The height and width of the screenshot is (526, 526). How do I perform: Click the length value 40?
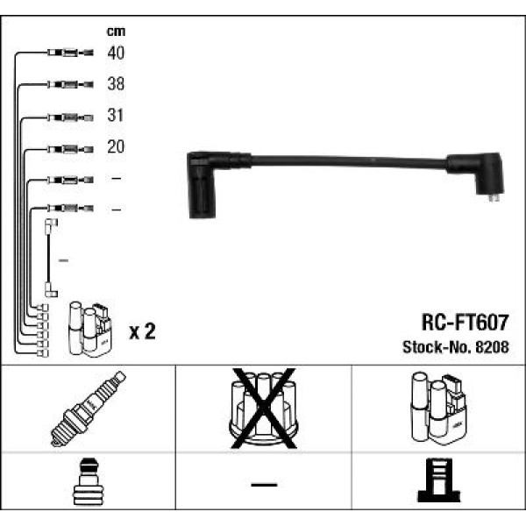tap(116, 53)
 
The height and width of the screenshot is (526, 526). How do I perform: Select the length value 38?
tap(116, 85)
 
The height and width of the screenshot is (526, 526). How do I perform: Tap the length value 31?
tap(116, 116)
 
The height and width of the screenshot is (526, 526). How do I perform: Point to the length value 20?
tap(116, 147)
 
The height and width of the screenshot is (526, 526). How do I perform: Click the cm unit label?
tap(115, 32)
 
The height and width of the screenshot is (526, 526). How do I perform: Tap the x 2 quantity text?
tap(141, 331)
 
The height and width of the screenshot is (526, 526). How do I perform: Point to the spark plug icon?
tap(88, 408)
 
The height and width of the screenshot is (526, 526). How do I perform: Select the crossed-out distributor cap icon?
tap(262, 407)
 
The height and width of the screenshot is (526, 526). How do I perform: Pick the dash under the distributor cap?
tap(262, 483)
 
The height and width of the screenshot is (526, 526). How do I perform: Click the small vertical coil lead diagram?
tap(50, 259)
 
